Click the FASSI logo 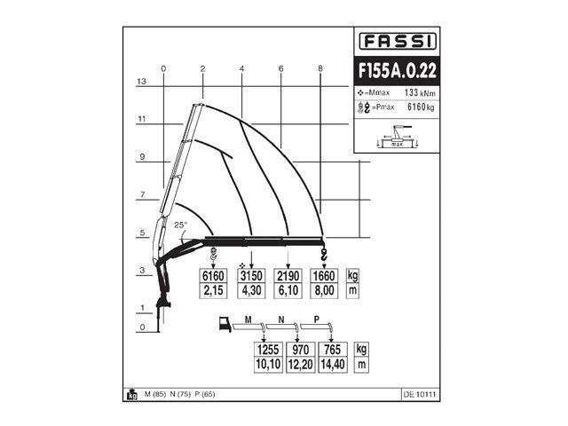[397, 41]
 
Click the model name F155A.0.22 [397, 69]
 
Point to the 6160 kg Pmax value [420, 107]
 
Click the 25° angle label [181, 225]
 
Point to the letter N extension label [280, 318]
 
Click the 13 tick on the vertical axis [140, 81]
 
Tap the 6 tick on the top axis [280, 68]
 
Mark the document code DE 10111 [420, 394]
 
